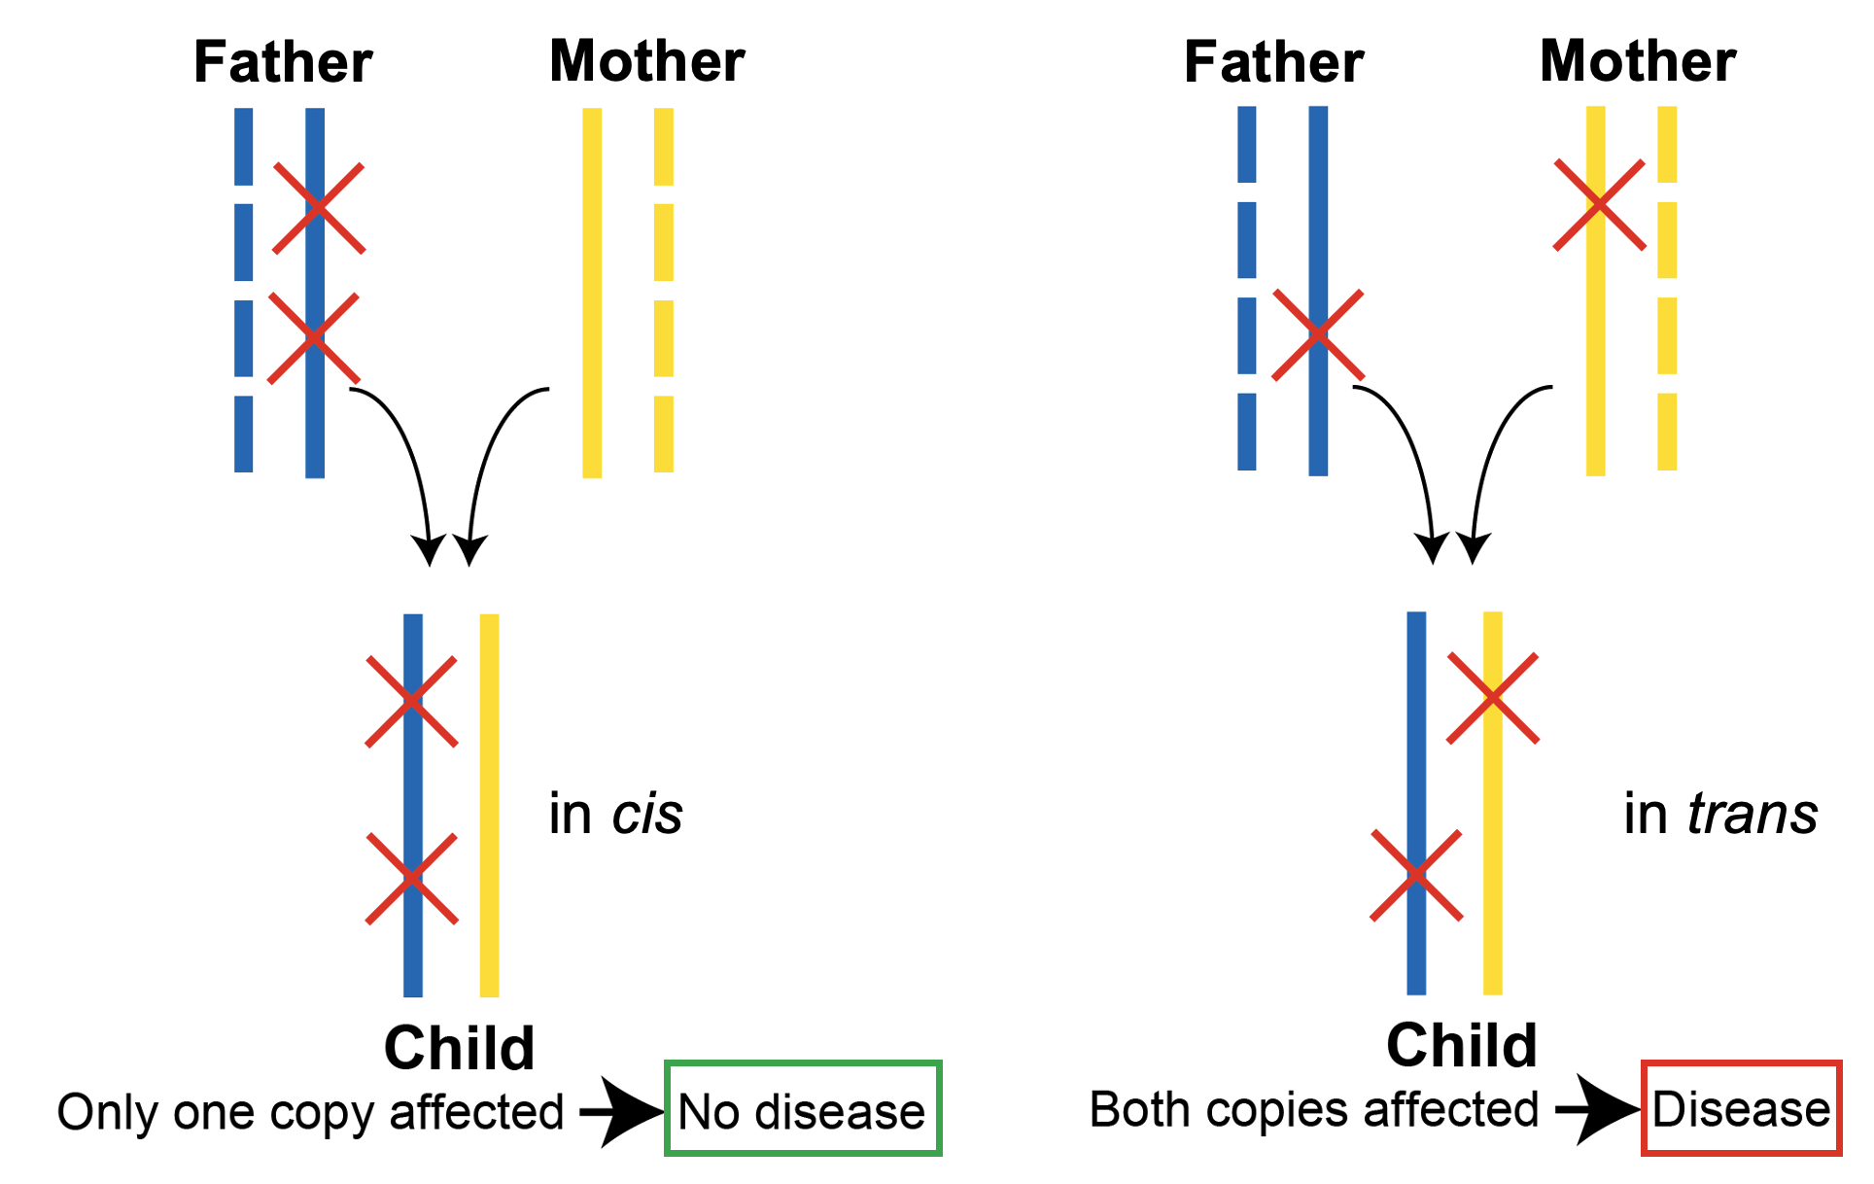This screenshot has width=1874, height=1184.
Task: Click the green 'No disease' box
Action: (802, 1109)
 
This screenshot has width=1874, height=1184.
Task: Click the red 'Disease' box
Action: (1741, 1108)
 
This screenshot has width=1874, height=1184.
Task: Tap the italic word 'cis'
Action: (647, 814)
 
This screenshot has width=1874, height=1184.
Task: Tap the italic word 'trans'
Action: (1752, 814)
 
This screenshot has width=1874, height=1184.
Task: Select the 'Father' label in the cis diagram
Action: (283, 62)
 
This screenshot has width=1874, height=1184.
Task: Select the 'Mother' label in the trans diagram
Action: (1638, 61)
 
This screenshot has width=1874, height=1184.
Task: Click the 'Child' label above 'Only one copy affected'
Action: (459, 1048)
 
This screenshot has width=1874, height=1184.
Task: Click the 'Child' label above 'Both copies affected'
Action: (1461, 1045)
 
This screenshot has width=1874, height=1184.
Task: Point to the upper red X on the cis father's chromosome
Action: (318, 208)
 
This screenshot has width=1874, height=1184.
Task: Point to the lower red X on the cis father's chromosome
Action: (313, 337)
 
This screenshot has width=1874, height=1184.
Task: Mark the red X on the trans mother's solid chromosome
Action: (1599, 205)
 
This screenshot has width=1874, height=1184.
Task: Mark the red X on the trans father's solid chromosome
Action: (1317, 334)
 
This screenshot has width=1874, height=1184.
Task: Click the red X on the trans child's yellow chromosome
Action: (1492, 698)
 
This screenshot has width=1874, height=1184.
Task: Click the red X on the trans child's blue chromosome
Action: (1416, 875)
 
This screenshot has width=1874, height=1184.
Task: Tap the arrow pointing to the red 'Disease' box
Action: (1597, 1108)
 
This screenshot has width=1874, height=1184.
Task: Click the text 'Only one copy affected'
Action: (310, 1112)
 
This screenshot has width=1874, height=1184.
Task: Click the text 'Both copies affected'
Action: (1313, 1109)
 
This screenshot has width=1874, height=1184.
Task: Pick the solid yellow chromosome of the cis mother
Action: (592, 293)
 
